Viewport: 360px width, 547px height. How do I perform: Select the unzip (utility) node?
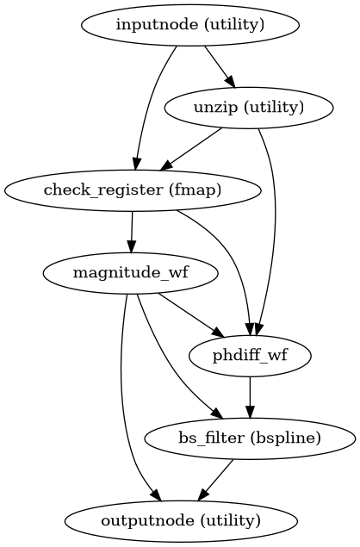(247, 108)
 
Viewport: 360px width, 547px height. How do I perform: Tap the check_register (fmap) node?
(132, 190)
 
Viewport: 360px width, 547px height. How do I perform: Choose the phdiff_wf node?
(250, 355)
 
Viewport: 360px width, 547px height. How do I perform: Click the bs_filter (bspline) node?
(250, 438)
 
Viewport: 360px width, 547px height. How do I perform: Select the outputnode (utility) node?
(180, 520)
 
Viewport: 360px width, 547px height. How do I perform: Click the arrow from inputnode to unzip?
(218, 65)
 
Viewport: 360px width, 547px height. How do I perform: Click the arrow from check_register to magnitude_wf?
(131, 231)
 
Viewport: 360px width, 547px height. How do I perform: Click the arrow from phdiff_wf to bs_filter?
(250, 396)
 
